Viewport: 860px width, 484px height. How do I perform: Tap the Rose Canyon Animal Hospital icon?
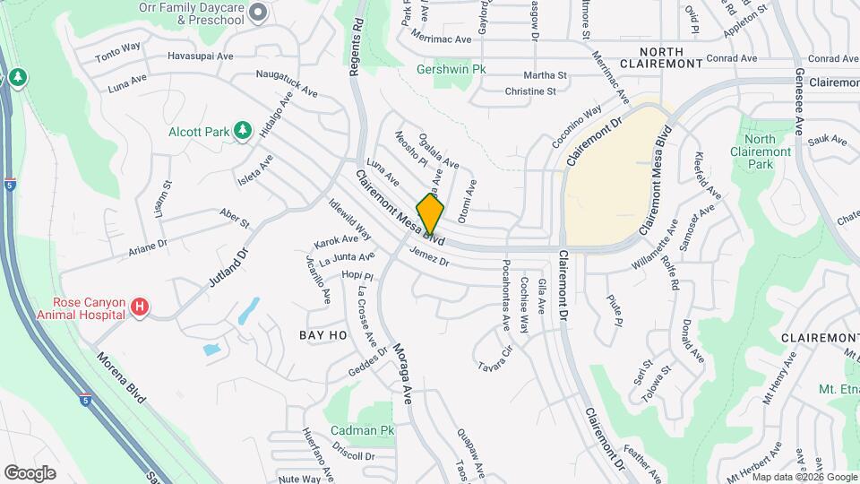point(139,308)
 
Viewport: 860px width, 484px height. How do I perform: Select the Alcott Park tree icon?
point(242,132)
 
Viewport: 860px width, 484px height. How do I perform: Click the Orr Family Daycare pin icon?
point(258,13)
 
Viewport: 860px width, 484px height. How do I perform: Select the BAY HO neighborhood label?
point(322,334)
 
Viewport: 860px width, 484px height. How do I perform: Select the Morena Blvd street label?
point(120,376)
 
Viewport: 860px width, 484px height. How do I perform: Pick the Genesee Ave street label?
point(797,99)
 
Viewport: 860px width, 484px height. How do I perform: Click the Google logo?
point(30,472)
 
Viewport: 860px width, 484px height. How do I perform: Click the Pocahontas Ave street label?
point(506,295)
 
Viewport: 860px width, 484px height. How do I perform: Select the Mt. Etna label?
point(839,389)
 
